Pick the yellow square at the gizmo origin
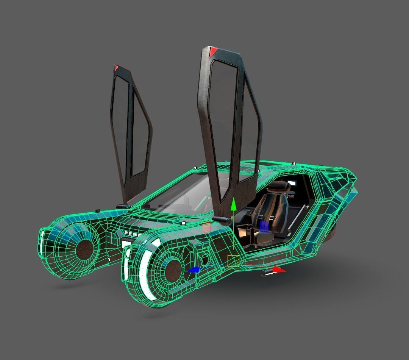[x=233, y=261]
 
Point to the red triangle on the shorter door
[x=117, y=68]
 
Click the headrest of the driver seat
[x=279, y=185]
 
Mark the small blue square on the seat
[x=265, y=226]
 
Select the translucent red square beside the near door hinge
[x=207, y=227]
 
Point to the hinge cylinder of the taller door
[x=221, y=220]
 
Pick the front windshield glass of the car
[x=182, y=193]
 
